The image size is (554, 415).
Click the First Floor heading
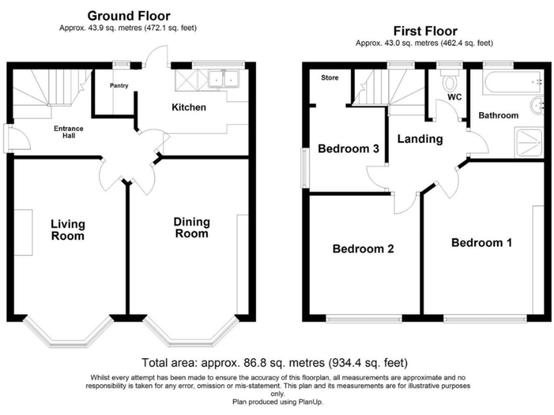tap(425, 31)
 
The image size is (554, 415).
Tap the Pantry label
tap(119, 86)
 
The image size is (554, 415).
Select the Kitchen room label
tap(188, 108)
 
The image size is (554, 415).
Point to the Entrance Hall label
tap(69, 133)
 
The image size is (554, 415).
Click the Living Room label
tap(67, 229)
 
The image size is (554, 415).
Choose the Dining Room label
tap(191, 228)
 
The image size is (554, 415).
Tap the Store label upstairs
tap(330, 77)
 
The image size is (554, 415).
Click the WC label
tap(454, 97)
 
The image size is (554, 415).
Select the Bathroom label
tap(498, 115)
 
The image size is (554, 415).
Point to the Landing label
tap(420, 139)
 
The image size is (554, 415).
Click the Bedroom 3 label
tap(349, 149)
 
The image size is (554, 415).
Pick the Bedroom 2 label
tap(363, 249)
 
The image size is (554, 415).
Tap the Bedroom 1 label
tap(481, 243)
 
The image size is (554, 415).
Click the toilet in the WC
tap(452, 79)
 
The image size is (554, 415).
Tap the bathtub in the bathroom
tap(511, 82)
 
